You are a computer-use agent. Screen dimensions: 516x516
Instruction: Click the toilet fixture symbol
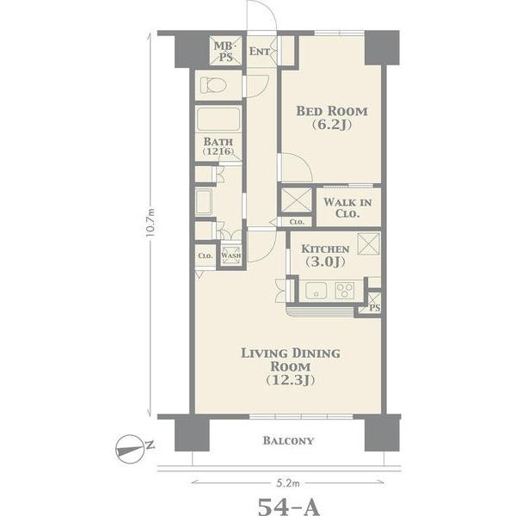pos(213,85)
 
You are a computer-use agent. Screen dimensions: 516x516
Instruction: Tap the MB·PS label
pos(225,52)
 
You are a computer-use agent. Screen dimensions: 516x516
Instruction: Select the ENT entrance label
pos(260,52)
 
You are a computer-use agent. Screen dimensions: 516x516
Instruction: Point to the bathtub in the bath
pos(218,120)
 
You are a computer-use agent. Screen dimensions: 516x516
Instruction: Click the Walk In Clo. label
pos(347,207)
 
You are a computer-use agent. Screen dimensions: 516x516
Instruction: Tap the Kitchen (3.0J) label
pos(325,255)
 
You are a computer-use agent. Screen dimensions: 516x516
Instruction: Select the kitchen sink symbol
pos(316,291)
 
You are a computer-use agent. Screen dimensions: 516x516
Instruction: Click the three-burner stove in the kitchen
pos(345,291)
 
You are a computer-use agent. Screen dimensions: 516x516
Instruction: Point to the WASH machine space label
pos(231,255)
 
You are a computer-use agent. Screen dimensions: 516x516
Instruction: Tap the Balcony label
pos(288,440)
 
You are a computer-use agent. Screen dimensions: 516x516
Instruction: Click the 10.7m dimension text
pos(150,223)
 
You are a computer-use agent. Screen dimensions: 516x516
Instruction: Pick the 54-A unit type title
pos(289,507)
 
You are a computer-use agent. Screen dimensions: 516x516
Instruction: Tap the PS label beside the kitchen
pos(375,308)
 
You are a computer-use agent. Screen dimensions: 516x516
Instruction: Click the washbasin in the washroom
pos(204,202)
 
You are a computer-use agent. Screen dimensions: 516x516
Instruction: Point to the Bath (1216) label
pos(218,146)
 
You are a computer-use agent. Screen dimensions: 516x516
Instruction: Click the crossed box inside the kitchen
pos(369,243)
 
